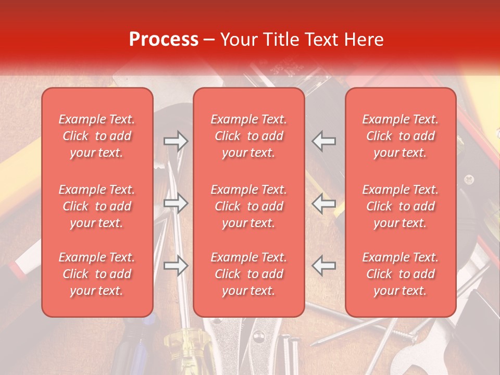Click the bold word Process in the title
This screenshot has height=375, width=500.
(164, 39)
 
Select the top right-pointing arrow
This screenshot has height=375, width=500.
(176, 141)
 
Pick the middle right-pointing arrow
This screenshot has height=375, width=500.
(176, 204)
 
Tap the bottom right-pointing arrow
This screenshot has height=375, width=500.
(176, 266)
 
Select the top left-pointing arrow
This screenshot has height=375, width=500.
(324, 141)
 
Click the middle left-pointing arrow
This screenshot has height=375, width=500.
(324, 204)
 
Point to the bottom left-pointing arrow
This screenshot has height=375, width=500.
(324, 266)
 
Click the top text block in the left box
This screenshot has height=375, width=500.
(97, 136)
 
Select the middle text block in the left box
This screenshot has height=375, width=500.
(97, 206)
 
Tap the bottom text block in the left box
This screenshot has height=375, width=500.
(97, 274)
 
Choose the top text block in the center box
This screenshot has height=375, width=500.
(248, 136)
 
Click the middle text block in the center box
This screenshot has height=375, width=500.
(248, 206)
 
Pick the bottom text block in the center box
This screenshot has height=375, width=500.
(248, 274)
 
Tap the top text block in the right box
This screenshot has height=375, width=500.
(400, 136)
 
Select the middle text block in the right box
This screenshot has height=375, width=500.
(400, 206)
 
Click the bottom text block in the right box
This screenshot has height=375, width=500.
(400, 274)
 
